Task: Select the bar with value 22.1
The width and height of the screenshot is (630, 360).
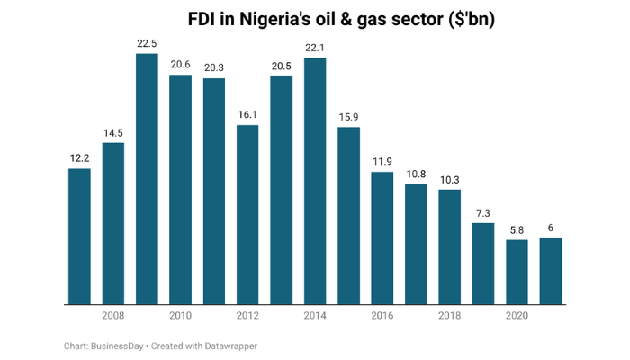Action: click(x=315, y=180)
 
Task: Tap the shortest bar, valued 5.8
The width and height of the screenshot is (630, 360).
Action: click(x=517, y=272)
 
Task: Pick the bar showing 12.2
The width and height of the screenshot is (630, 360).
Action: click(x=79, y=236)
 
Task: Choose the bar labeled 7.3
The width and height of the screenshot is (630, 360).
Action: click(x=483, y=263)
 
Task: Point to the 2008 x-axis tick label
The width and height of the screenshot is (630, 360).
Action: click(x=113, y=316)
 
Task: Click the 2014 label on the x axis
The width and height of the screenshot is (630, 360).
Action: click(x=315, y=316)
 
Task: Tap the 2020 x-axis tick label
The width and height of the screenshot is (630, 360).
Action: click(x=517, y=316)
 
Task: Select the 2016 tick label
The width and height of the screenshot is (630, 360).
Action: click(x=382, y=316)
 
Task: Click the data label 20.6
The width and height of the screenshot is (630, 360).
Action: click(x=180, y=64)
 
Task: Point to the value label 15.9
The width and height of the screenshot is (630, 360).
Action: click(x=348, y=117)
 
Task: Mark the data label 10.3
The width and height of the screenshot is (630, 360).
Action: click(x=450, y=180)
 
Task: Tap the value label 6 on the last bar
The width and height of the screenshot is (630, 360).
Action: click(x=551, y=228)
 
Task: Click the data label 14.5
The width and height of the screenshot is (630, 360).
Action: click(x=113, y=133)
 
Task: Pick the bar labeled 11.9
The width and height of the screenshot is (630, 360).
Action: click(x=382, y=238)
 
